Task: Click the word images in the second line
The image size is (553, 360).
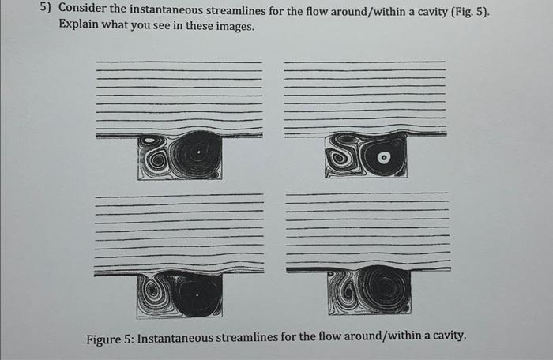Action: [235, 25]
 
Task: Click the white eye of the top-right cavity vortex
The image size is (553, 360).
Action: [385, 157]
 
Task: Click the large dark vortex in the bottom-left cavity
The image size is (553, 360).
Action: [197, 296]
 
